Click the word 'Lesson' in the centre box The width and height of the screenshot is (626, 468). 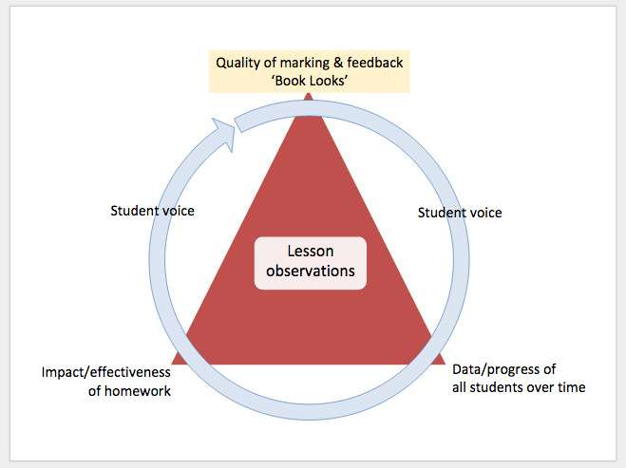pyautogui.click(x=311, y=251)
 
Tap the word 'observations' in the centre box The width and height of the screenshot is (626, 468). pyautogui.click(x=311, y=271)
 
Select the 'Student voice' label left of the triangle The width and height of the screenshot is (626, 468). pyautogui.click(x=152, y=211)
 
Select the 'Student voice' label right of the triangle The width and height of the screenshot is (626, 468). pyautogui.click(x=460, y=213)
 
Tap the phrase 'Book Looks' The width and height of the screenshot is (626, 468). pyautogui.click(x=310, y=83)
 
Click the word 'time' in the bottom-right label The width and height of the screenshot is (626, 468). pyautogui.click(x=571, y=387)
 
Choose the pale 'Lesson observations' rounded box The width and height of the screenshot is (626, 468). pyautogui.click(x=311, y=261)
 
